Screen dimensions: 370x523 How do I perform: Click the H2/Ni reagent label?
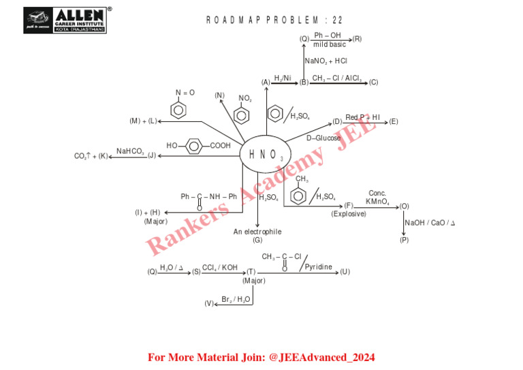click(x=283, y=78)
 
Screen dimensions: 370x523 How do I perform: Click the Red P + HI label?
click(x=363, y=117)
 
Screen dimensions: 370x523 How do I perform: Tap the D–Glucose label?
click(x=323, y=138)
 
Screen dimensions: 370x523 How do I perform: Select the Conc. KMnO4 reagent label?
click(x=377, y=198)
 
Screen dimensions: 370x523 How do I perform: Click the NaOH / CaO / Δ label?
click(x=430, y=223)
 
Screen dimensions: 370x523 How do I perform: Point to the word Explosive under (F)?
click(x=349, y=214)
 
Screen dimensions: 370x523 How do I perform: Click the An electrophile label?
click(x=257, y=232)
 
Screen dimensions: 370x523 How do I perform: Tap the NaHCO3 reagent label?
click(x=130, y=151)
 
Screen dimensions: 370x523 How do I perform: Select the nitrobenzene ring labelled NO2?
click(x=242, y=113)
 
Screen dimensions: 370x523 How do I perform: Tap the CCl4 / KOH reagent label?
click(x=220, y=268)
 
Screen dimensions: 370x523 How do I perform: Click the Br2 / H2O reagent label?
click(x=236, y=299)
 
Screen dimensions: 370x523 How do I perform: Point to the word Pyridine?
click(x=319, y=266)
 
